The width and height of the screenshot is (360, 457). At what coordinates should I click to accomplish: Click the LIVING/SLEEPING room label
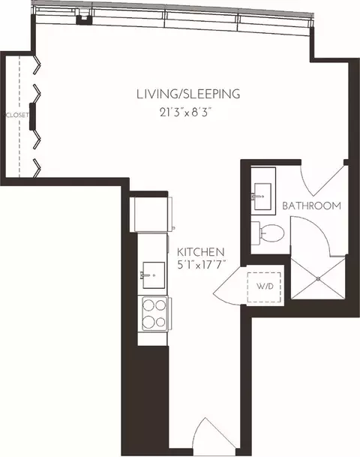click(188, 94)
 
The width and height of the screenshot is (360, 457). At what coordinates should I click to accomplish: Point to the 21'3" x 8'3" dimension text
click(185, 113)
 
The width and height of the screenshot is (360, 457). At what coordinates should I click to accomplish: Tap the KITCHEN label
click(201, 252)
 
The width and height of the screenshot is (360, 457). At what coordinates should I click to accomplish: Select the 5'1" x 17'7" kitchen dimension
click(202, 265)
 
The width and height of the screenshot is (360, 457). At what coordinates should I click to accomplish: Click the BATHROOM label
click(312, 206)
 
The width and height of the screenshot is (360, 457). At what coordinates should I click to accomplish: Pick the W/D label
click(265, 286)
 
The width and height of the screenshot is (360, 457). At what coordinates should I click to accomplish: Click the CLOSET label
click(16, 115)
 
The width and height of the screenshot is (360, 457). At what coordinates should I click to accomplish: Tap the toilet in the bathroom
click(268, 233)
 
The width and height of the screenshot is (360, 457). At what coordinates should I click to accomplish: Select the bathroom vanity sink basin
click(262, 197)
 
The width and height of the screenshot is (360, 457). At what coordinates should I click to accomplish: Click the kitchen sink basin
click(154, 275)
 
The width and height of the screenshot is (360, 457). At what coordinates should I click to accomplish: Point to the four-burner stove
click(154, 314)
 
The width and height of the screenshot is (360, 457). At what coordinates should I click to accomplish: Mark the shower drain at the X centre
click(318, 279)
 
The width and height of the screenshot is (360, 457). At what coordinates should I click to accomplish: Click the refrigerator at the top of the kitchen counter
click(152, 215)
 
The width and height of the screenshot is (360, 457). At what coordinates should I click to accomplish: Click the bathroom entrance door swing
click(322, 180)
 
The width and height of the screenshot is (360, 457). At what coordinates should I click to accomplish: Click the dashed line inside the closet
click(19, 116)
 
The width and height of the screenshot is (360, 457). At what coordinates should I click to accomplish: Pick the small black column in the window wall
click(84, 20)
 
